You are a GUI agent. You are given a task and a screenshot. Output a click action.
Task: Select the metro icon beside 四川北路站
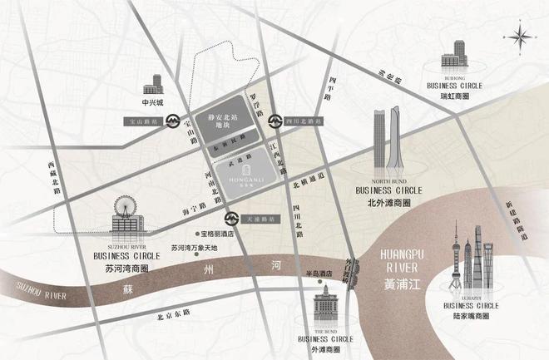pos(274,121)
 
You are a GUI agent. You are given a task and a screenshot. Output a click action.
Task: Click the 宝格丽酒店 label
pos(215,234)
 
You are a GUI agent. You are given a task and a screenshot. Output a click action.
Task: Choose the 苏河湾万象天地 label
pos(194,248)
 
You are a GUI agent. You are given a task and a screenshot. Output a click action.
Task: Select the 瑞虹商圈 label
pos(455,96)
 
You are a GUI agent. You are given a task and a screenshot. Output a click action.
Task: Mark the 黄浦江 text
pos(402,284)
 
